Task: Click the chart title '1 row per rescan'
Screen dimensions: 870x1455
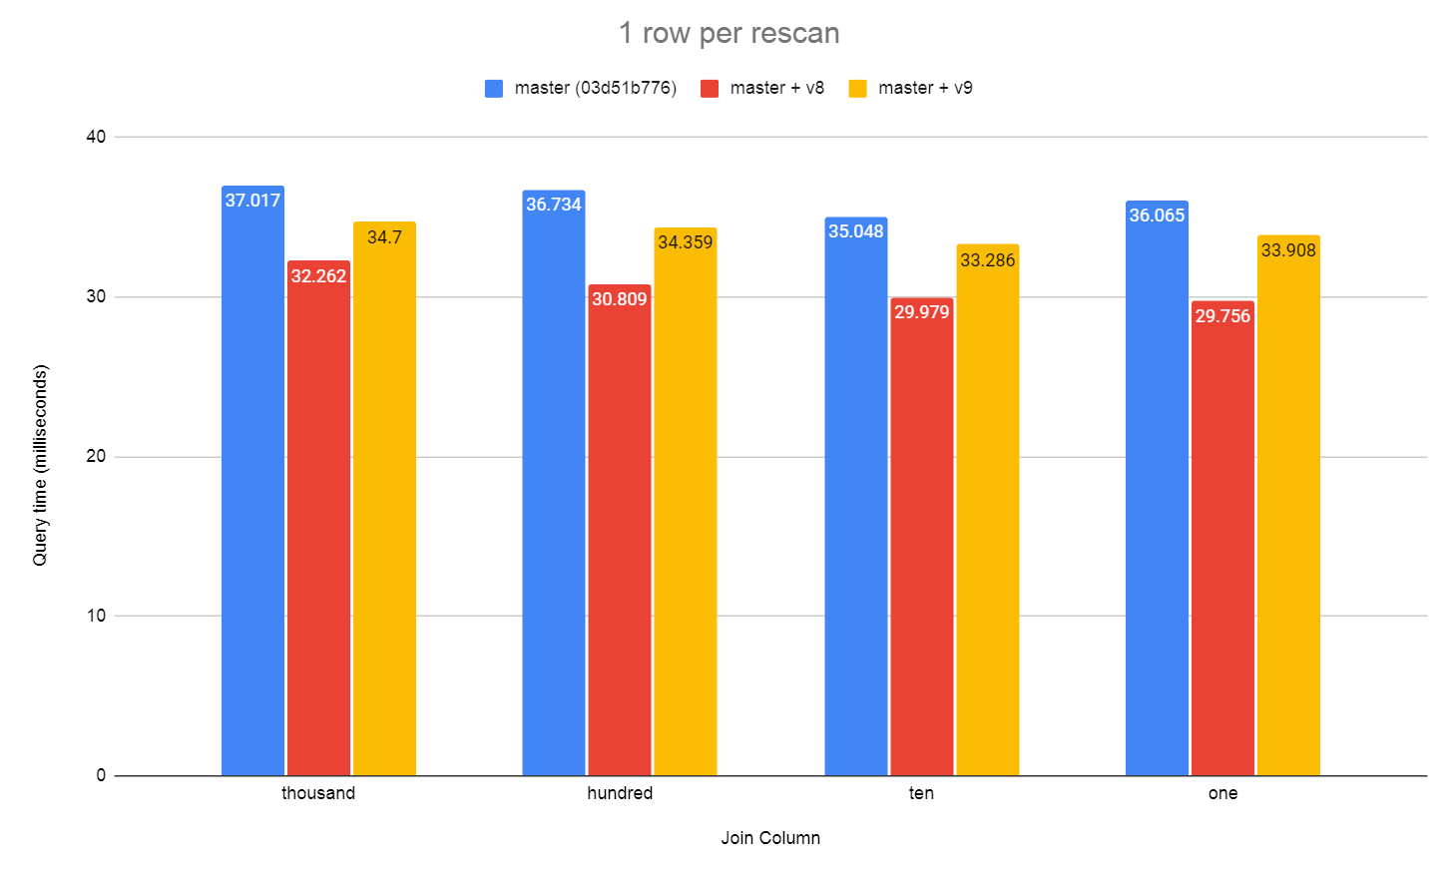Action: [x=728, y=33]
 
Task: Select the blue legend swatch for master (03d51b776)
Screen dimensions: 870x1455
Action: [x=494, y=89]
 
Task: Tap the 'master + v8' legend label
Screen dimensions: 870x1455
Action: [x=776, y=88]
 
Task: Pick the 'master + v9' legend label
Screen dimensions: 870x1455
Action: [x=925, y=88]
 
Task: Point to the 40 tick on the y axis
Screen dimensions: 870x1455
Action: [x=96, y=137]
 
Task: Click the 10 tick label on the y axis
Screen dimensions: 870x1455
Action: [x=96, y=616]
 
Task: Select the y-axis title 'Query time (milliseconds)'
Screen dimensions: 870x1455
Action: [x=40, y=466]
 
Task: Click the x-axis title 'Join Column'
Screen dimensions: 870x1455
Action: [x=770, y=838]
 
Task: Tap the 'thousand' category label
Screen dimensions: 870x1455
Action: [x=318, y=793]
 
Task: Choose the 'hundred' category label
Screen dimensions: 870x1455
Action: [x=620, y=793]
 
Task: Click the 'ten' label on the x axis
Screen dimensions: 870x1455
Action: [x=921, y=793]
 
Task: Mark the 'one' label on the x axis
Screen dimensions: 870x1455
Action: [x=1222, y=793]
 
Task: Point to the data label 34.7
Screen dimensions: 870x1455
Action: [x=384, y=237]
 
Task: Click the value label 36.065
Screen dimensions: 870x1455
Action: [x=1157, y=216]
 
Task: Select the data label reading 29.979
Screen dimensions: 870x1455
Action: [x=921, y=312]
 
